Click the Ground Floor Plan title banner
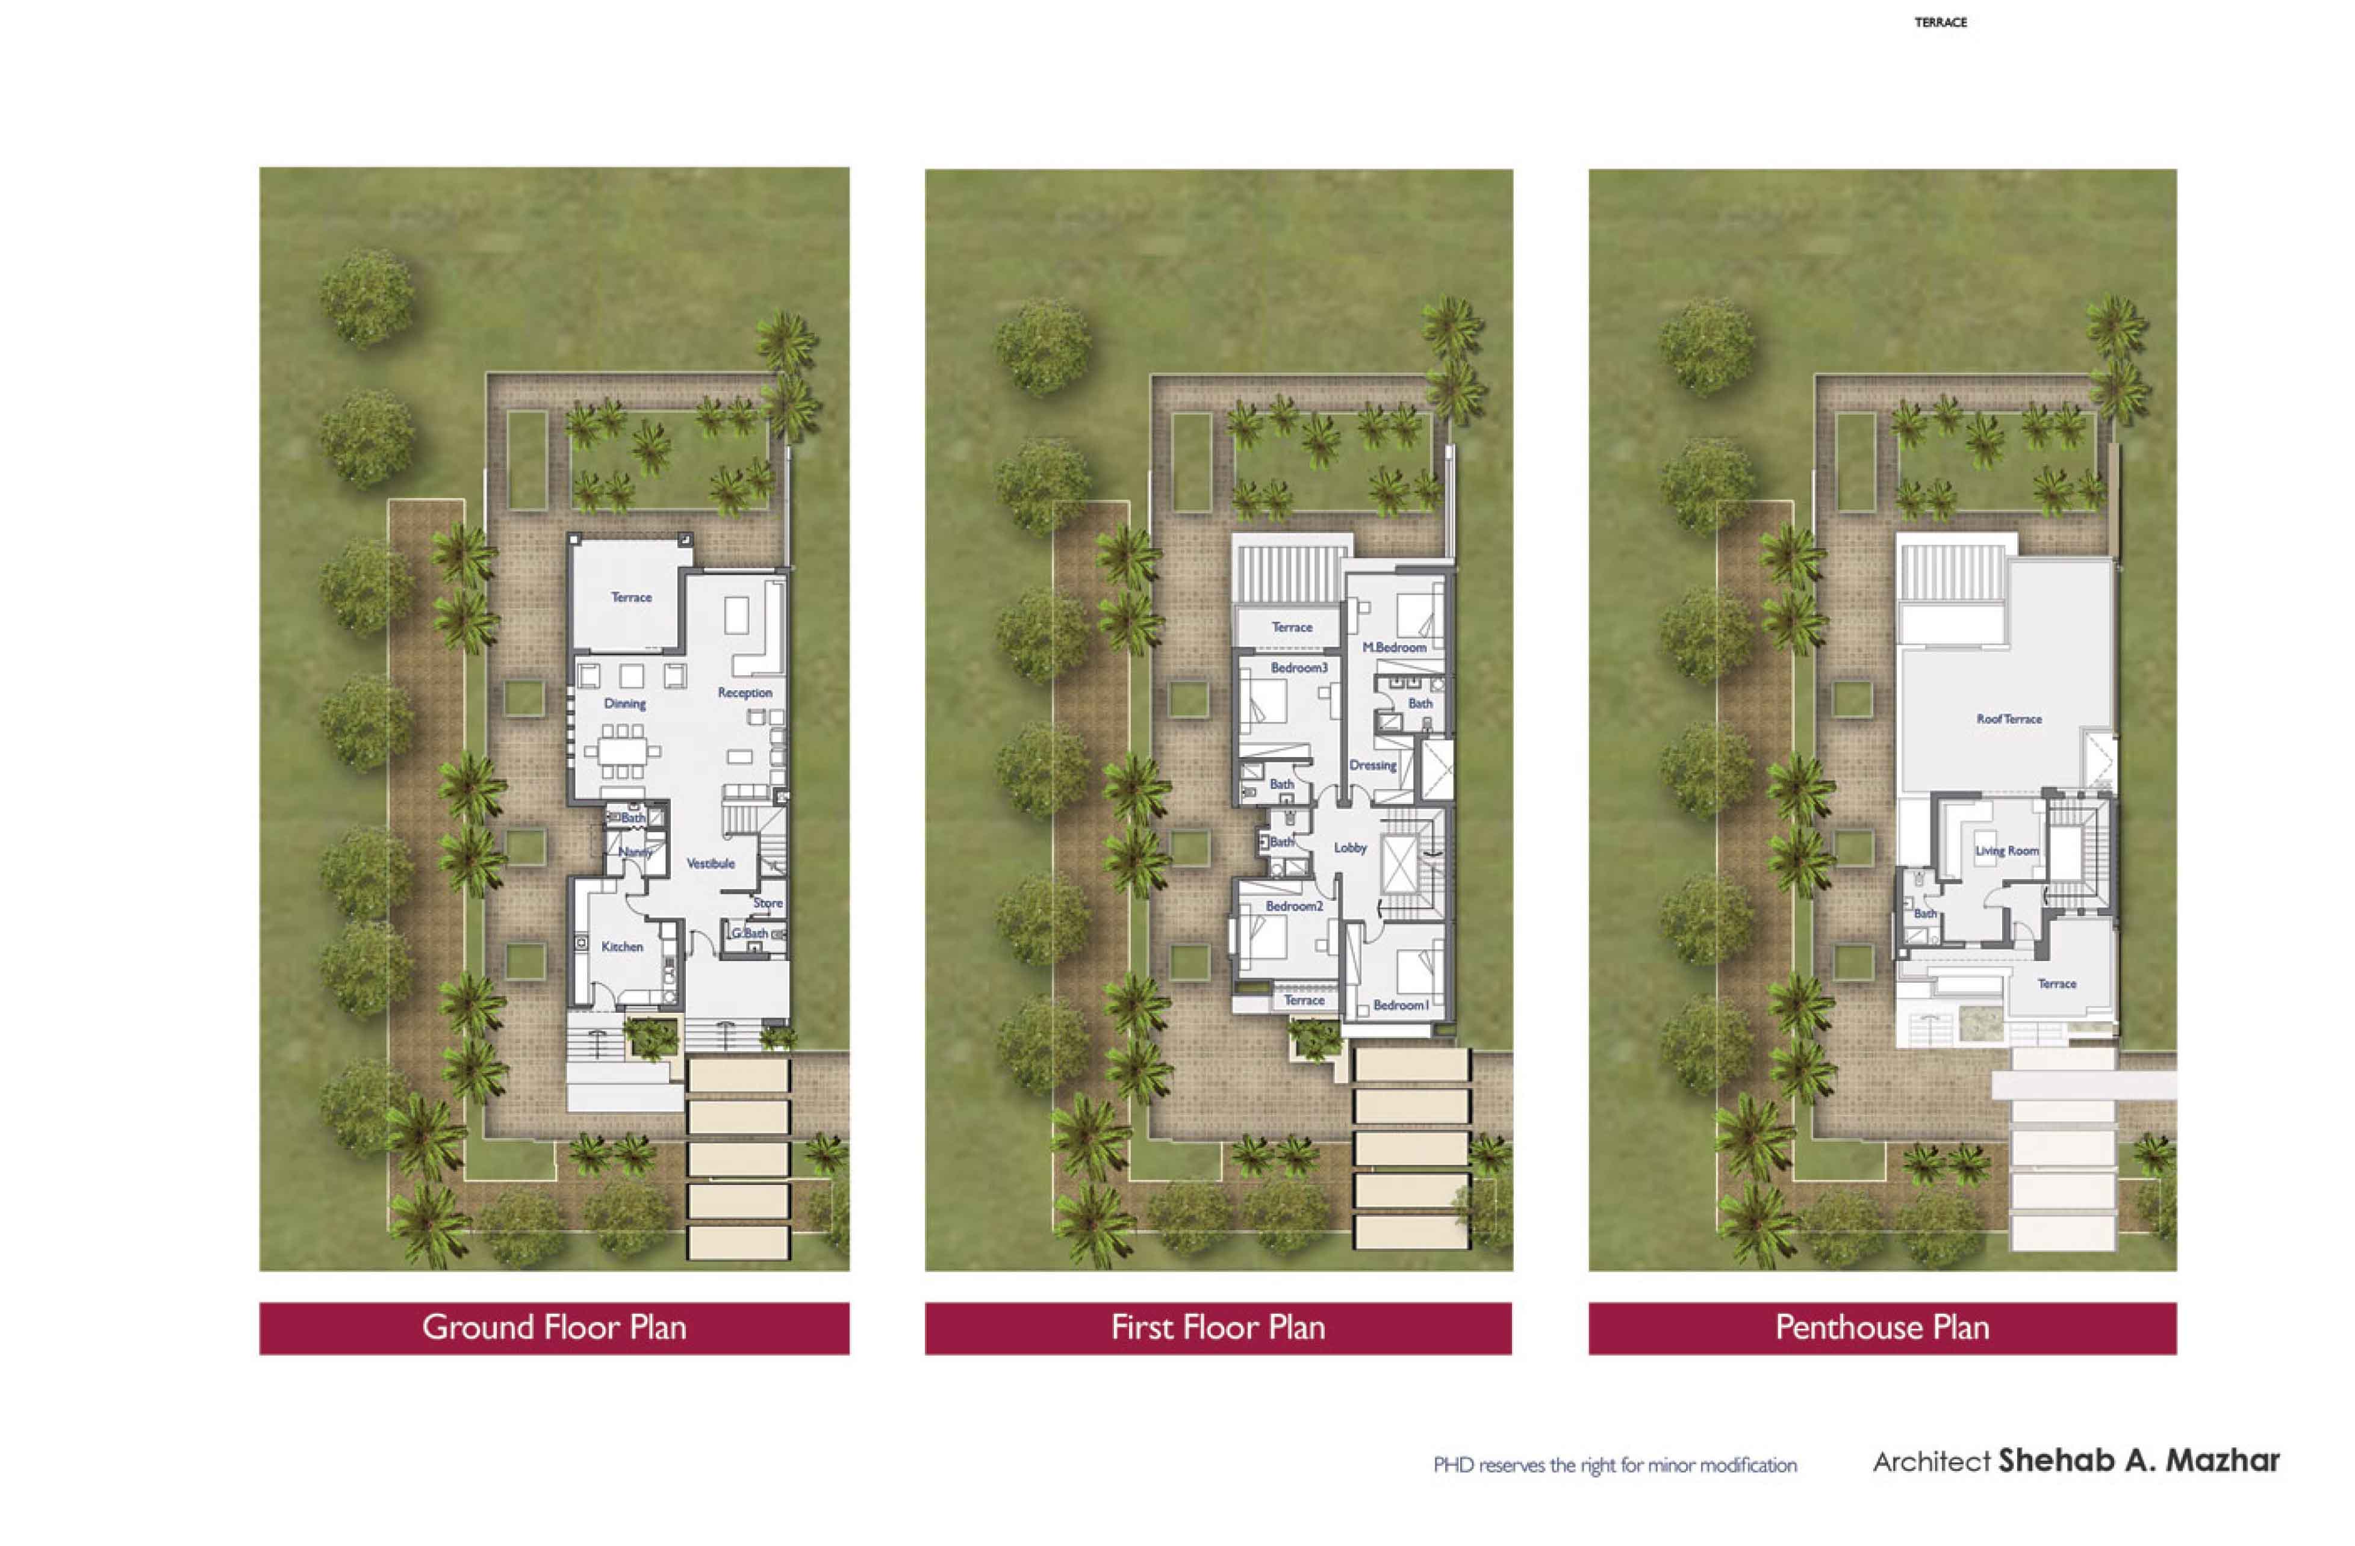pos(554,1328)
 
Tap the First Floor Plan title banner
pos(1218,1328)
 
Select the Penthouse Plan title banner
pos(1882,1328)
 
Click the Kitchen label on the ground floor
pos(623,947)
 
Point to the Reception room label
pos(745,693)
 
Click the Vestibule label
pos(711,864)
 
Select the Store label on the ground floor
pos(768,903)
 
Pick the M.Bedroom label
pos(1394,647)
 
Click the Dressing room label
pos(1372,765)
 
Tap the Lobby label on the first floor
pos(1349,848)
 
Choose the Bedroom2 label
pos(1294,906)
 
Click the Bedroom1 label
pos(1400,1005)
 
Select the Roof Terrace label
pos(2009,719)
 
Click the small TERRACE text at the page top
pos(1940,22)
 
